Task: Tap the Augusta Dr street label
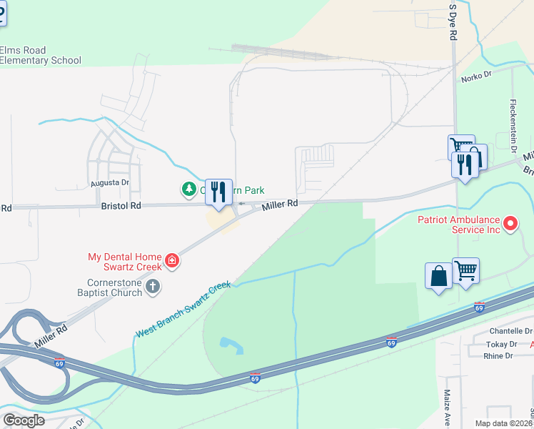[109, 183]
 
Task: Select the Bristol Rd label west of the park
[120, 205]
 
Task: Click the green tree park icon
[188, 189]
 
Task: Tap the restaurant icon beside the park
[218, 192]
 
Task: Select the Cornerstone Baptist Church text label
[111, 287]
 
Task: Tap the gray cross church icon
[152, 287]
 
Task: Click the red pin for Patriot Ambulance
[510, 225]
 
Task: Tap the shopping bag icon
[438, 276]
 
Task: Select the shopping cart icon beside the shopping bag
[465, 271]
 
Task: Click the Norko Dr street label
[477, 75]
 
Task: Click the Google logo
[23, 420]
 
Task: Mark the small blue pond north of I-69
[231, 345]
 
